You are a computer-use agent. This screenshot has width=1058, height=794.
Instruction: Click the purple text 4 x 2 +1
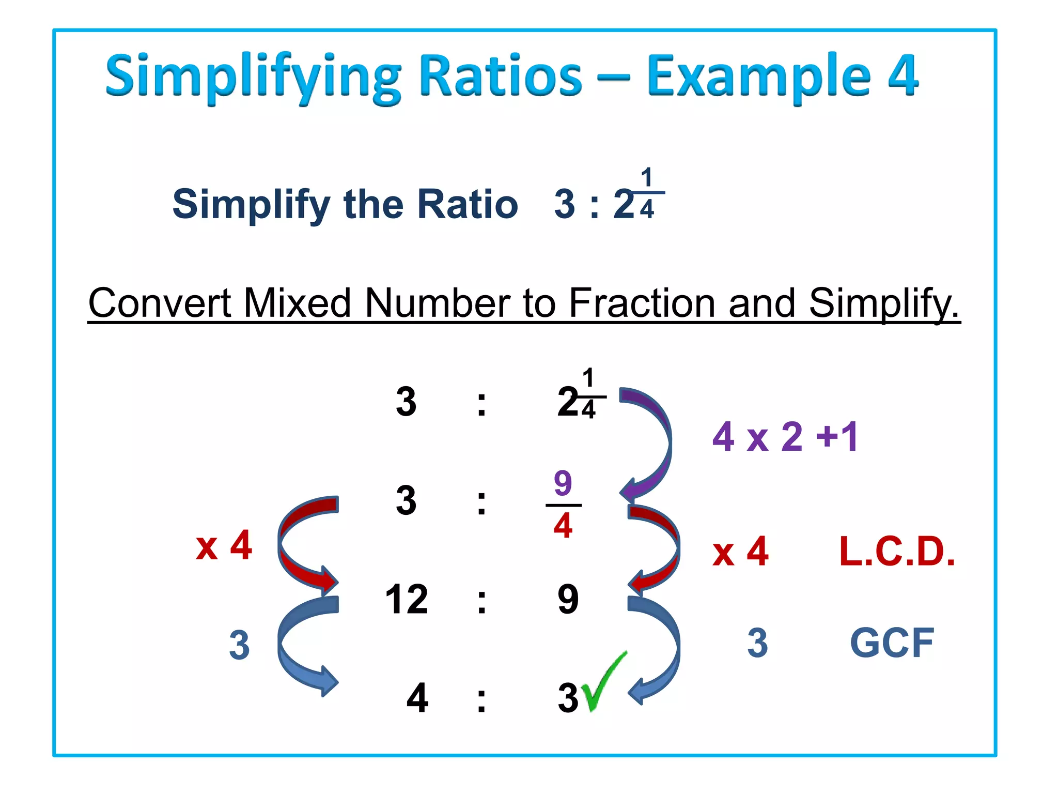[x=785, y=437]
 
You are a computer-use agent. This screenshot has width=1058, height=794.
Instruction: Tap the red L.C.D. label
[x=897, y=552]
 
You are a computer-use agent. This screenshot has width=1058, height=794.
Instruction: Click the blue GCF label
[x=892, y=643]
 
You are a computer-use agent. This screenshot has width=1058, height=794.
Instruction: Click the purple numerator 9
[x=563, y=483]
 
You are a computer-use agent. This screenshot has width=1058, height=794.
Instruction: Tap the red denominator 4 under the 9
[x=563, y=526]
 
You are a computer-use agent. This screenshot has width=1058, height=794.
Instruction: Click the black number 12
[x=407, y=600]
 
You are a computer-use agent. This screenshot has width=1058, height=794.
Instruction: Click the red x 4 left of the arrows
[x=224, y=546]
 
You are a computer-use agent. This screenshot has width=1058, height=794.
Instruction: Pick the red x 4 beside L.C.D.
[x=740, y=552]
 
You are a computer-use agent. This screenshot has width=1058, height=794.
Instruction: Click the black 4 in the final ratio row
[x=417, y=698]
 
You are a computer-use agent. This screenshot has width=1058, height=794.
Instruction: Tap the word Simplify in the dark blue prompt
[x=251, y=205]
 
